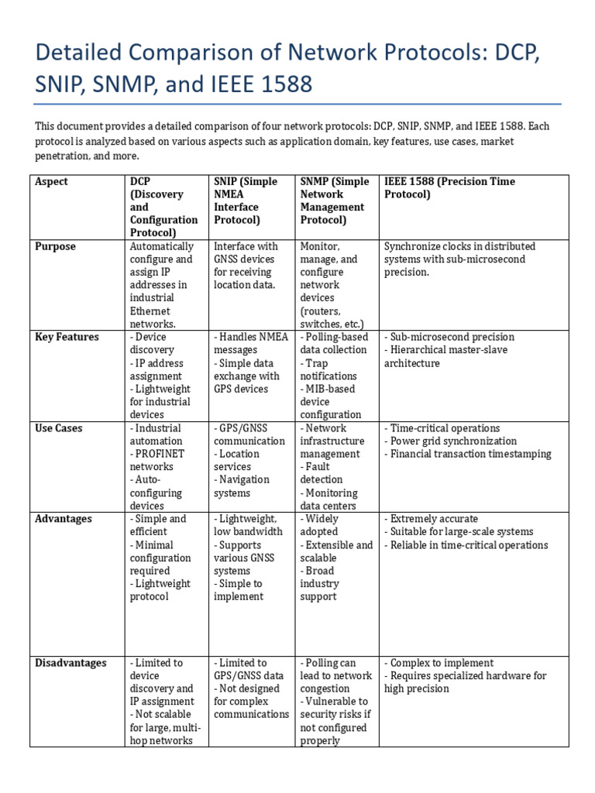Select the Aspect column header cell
click(x=51, y=182)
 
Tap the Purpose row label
click(x=56, y=247)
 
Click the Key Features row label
click(x=67, y=338)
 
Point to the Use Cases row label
click(x=59, y=428)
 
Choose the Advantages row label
click(x=64, y=519)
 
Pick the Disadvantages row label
click(x=71, y=664)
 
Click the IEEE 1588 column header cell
click(x=449, y=188)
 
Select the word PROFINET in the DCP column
click(x=159, y=454)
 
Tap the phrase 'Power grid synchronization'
click(x=453, y=441)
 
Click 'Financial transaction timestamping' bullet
click(x=470, y=455)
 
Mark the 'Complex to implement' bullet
click(x=442, y=664)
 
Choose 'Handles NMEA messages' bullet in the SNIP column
click(x=251, y=344)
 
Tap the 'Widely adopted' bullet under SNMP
click(x=322, y=525)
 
